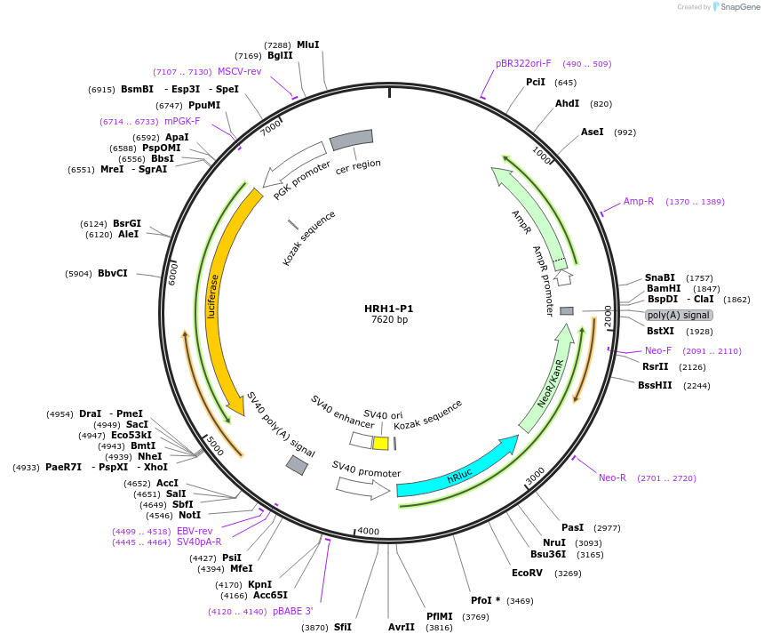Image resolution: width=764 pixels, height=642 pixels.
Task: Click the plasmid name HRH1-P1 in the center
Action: (388, 309)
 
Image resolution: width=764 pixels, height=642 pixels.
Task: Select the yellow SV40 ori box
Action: (380, 443)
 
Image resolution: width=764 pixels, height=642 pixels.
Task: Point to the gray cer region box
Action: (351, 139)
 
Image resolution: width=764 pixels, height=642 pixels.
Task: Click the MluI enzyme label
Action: (307, 44)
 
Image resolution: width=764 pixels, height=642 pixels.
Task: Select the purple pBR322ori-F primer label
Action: (523, 63)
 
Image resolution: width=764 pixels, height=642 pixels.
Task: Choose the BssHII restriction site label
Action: (655, 385)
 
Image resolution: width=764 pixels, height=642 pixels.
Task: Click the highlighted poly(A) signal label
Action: (679, 316)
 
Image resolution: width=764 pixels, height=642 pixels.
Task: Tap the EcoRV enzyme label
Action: (528, 574)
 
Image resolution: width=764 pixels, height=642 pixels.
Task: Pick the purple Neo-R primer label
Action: (612, 477)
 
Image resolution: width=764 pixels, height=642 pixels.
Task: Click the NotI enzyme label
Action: (189, 515)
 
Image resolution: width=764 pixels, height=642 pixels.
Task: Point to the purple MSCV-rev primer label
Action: (240, 71)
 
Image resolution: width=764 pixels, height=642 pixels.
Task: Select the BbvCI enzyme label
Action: (113, 273)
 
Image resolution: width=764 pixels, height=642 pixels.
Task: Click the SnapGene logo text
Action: (739, 7)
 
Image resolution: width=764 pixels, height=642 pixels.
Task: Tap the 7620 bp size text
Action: (389, 320)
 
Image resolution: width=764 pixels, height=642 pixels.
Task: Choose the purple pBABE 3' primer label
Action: (292, 611)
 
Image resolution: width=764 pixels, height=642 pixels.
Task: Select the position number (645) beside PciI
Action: (565, 83)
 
